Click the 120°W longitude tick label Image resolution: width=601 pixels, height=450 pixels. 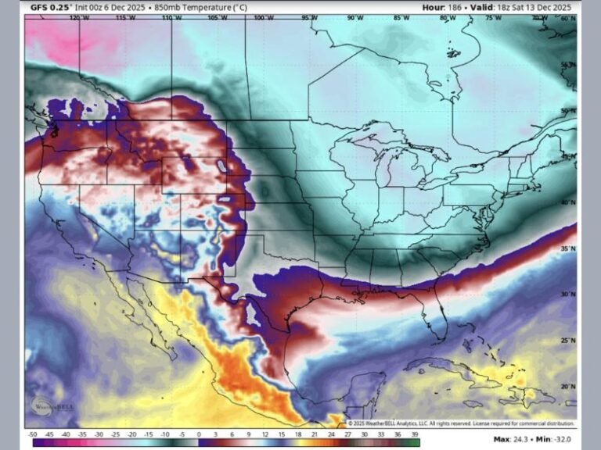click(x=78, y=17)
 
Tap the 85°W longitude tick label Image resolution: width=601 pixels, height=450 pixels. click(x=401, y=17)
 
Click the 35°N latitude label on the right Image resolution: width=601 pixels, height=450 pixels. click(x=568, y=248)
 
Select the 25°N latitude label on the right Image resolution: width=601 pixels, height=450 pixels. click(x=568, y=341)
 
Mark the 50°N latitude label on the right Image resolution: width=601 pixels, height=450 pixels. click(x=568, y=111)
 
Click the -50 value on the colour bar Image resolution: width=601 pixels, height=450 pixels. click(x=33, y=434)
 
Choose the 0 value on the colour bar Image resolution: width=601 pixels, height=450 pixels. click(x=199, y=434)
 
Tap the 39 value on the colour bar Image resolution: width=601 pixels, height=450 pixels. click(x=414, y=434)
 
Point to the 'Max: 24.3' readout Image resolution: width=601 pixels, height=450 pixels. click(x=513, y=439)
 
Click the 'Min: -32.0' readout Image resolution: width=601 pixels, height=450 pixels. click(x=555, y=439)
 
